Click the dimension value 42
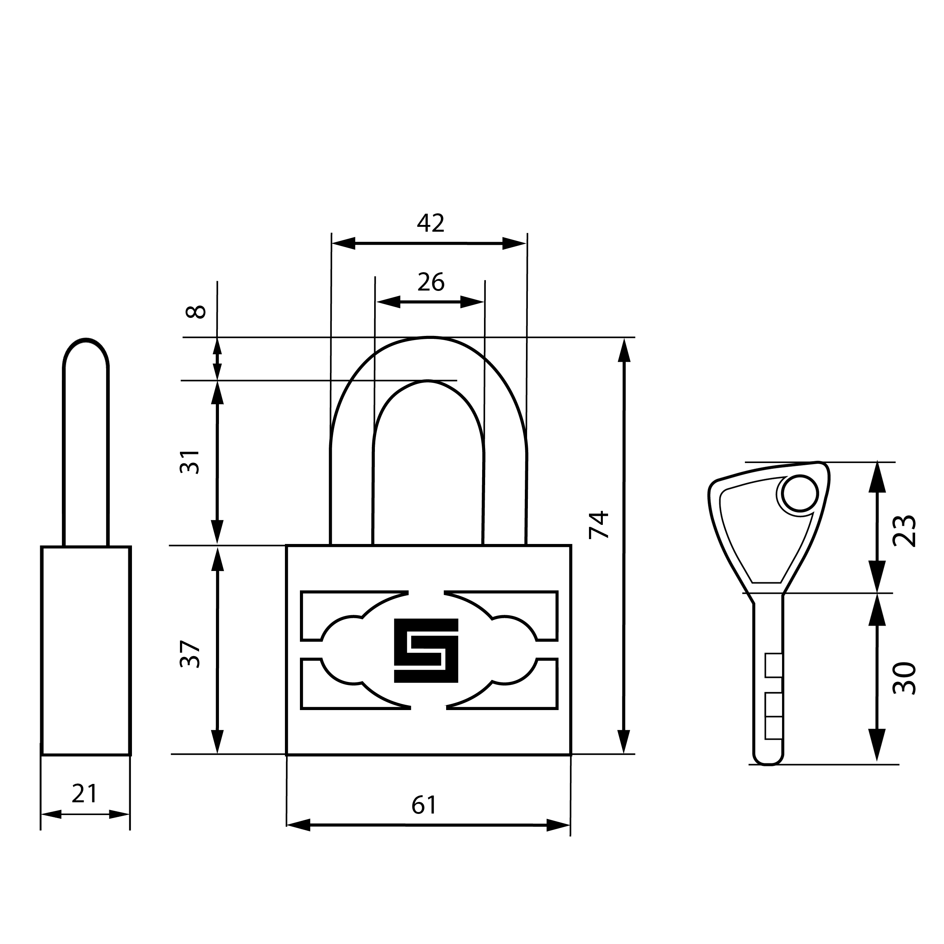tap(430, 223)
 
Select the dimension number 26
tap(430, 282)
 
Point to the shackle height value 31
tap(190, 462)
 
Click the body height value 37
tap(190, 654)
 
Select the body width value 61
tap(424, 805)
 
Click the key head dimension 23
tap(904, 530)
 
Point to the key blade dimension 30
tap(904, 678)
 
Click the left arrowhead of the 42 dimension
tap(343, 243)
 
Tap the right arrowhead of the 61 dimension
tap(558, 825)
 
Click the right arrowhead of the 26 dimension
tap(472, 302)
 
